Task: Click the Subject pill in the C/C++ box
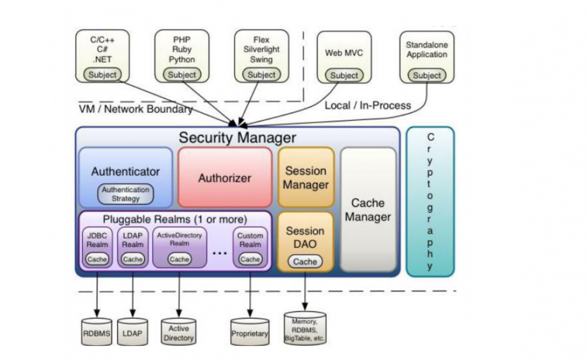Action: pyautogui.click(x=103, y=75)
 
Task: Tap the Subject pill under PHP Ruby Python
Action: pyautogui.click(x=182, y=75)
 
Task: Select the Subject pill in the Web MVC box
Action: pyautogui.click(x=344, y=75)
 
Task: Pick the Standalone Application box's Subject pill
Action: pyautogui.click(x=427, y=75)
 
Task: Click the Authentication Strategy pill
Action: pyautogui.click(x=126, y=194)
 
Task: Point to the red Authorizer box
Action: pyautogui.click(x=225, y=177)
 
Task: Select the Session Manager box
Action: pyautogui.click(x=306, y=177)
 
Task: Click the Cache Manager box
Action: pyautogui.click(x=368, y=210)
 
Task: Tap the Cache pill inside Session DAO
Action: pyautogui.click(x=305, y=262)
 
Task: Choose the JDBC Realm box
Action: pyautogui.click(x=97, y=247)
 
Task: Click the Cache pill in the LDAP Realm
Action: pyautogui.click(x=133, y=259)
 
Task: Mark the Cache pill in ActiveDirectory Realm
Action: pyautogui.click(x=180, y=259)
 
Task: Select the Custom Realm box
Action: pyautogui.click(x=250, y=247)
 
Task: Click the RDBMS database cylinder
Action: pyautogui.click(x=96, y=332)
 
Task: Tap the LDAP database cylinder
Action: pyautogui.click(x=133, y=332)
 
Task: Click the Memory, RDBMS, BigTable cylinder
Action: pyautogui.click(x=305, y=329)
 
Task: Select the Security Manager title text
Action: pyautogui.click(x=237, y=138)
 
